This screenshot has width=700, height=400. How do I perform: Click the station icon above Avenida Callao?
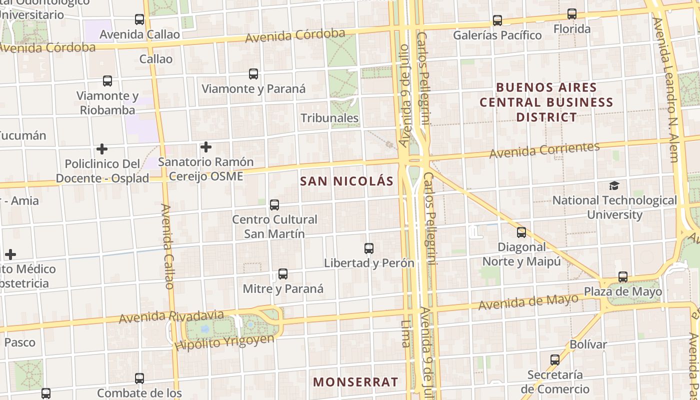139,19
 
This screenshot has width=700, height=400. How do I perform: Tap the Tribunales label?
329,118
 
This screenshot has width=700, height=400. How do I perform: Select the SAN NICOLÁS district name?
347,181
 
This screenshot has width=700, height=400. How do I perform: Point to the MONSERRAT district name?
355,382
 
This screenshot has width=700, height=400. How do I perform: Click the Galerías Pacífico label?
497,35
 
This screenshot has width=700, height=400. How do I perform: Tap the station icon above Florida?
572,14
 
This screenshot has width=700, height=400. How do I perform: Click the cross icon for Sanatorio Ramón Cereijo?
205,147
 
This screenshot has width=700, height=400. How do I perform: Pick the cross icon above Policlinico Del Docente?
102,149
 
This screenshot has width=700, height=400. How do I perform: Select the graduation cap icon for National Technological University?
614,186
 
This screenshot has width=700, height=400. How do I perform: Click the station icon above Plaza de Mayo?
623,276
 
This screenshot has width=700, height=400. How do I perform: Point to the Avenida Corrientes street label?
544,150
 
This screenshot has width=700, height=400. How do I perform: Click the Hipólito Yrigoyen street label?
224,342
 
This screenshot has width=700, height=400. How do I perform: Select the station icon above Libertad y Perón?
369,248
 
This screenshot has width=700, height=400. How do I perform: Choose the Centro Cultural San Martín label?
274,226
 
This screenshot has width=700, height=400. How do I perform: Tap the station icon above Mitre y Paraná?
283,274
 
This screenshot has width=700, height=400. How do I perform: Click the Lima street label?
405,334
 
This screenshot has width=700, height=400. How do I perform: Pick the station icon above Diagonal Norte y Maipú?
521,232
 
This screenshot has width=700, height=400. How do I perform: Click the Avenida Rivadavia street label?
171,316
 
